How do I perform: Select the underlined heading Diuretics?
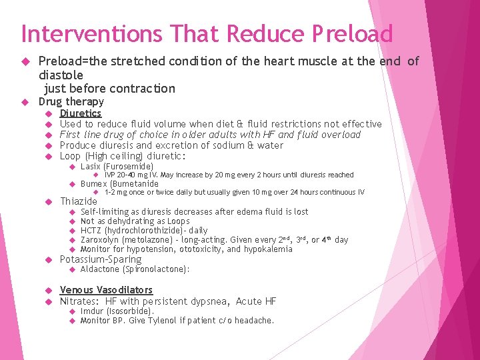81,113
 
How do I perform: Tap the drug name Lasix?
91,166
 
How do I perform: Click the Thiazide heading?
79,201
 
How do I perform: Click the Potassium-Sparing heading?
101,259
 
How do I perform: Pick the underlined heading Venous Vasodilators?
106,290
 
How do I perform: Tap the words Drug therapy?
71,101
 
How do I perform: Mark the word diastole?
61,75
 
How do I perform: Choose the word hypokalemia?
267,249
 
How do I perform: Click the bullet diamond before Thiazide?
47,201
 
